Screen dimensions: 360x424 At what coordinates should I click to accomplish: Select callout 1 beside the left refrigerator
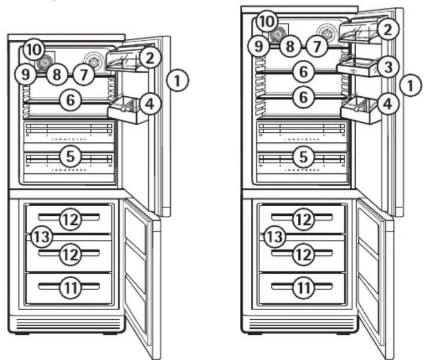(x=177, y=82)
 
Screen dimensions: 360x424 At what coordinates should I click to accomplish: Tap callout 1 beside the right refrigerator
(x=410, y=85)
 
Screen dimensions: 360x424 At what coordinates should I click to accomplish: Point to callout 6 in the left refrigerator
(x=69, y=101)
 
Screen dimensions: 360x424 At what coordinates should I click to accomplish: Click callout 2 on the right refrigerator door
(x=388, y=29)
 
